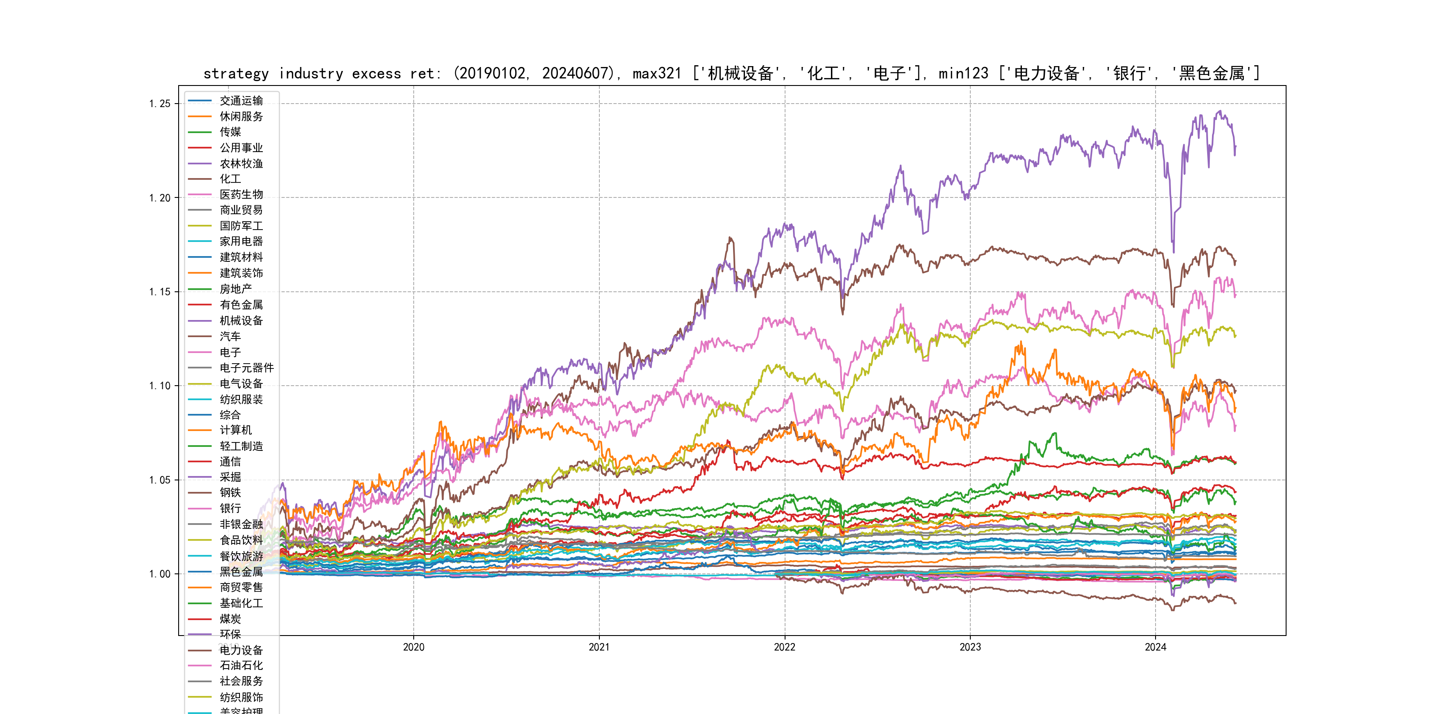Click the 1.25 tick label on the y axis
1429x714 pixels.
pyautogui.click(x=159, y=104)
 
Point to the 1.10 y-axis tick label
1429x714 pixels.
pyautogui.click(x=159, y=386)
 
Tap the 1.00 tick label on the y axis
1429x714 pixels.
pyautogui.click(x=159, y=574)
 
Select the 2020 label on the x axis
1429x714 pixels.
pyautogui.click(x=413, y=647)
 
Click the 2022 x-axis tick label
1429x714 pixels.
pyautogui.click(x=784, y=647)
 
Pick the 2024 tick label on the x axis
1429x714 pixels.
pyautogui.click(x=1156, y=647)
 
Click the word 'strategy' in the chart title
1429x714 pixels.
pyautogui.click(x=236, y=73)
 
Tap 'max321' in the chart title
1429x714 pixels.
pyautogui.click(x=657, y=73)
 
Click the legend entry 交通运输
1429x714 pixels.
pyautogui.click(x=241, y=100)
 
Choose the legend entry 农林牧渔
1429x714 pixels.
pyautogui.click(x=241, y=164)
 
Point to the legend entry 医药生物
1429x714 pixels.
pyautogui.click(x=241, y=194)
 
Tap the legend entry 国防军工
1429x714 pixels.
pyautogui.click(x=241, y=226)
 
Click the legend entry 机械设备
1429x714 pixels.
pyautogui.click(x=241, y=320)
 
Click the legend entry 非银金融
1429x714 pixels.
pyautogui.click(x=241, y=524)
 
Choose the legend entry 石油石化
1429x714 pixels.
pyautogui.click(x=241, y=665)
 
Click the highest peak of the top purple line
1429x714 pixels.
pyautogui.click(x=1220, y=112)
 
